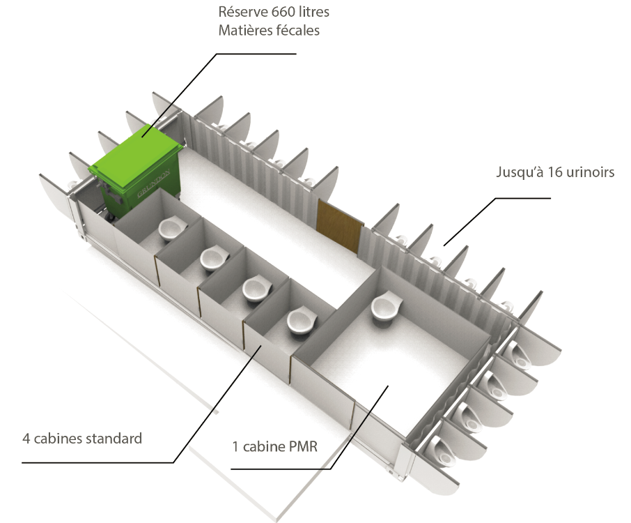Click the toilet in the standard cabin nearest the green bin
[x=169, y=228]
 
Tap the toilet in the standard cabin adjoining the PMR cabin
[x=300, y=321]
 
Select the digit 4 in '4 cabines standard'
[x=26, y=439]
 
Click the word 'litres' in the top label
[x=312, y=12]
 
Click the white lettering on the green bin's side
[x=144, y=191]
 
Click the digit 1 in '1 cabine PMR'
[x=235, y=447]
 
